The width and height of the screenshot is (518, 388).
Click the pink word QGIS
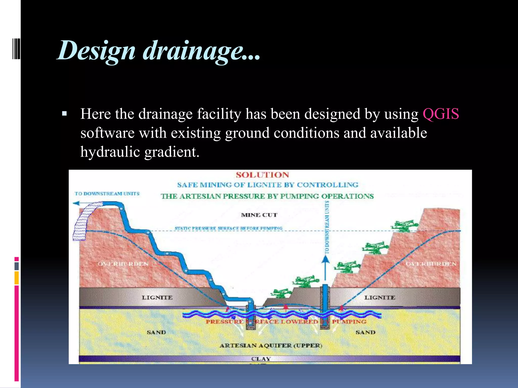(x=441, y=114)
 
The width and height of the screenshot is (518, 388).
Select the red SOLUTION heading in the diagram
(x=262, y=175)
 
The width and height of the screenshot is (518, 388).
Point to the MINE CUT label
(x=259, y=215)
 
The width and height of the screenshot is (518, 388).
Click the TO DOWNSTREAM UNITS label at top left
(x=107, y=194)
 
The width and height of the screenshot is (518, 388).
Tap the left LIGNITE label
(x=157, y=298)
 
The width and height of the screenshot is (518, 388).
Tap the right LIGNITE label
(x=379, y=298)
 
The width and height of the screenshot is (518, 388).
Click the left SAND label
(x=156, y=332)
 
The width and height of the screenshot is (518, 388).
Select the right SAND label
(x=365, y=332)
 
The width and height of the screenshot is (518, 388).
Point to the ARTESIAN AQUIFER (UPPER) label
(x=271, y=346)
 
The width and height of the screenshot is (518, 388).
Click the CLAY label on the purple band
(x=261, y=359)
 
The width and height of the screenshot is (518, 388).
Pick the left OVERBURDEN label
(x=123, y=264)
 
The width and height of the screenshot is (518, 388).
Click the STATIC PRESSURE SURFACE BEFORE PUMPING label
(x=228, y=228)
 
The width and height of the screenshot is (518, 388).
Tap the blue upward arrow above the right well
(x=326, y=260)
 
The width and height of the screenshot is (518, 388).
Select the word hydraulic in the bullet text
(x=110, y=152)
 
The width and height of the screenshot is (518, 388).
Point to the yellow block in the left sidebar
(x=16, y=278)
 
